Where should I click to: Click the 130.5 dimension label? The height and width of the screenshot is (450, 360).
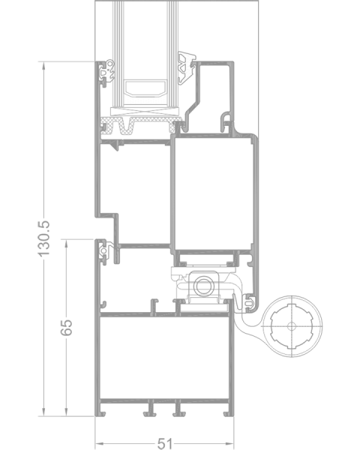[44, 238]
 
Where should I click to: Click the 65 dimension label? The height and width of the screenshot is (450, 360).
[67, 327]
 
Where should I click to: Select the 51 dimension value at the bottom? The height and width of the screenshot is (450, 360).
[165, 444]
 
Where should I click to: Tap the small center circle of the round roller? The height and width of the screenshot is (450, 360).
[292, 326]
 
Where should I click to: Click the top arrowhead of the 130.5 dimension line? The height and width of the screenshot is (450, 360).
[43, 66]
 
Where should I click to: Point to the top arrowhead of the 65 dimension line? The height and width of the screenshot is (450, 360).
[67, 243]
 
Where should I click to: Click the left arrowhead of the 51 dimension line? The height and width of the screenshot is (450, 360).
[99, 444]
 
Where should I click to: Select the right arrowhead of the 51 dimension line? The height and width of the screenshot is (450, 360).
[229, 444]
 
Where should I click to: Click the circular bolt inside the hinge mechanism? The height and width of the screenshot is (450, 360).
[203, 286]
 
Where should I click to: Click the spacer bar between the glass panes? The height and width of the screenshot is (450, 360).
[145, 88]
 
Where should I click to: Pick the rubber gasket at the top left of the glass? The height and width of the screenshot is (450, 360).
[106, 72]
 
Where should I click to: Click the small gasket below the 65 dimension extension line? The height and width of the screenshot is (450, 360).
[104, 251]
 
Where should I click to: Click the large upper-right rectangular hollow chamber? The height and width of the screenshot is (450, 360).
[214, 193]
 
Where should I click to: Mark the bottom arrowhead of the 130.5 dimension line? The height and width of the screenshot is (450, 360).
[43, 412]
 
